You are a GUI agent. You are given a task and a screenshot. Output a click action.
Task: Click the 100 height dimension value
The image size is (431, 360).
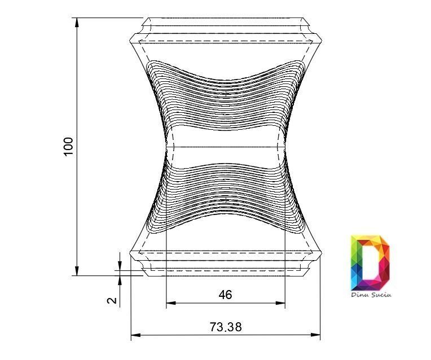pyautogui.click(x=69, y=146)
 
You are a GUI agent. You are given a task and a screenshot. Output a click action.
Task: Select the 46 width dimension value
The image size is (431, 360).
pyautogui.click(x=226, y=295)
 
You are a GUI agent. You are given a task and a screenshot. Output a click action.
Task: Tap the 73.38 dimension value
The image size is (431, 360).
pyautogui.click(x=226, y=327)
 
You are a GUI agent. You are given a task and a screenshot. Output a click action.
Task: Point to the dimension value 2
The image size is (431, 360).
pyautogui.click(x=113, y=300)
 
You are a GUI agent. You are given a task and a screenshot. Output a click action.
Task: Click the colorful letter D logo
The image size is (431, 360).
pyautogui.click(x=370, y=262)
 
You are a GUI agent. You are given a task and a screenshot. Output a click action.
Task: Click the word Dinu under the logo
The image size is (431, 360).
pyautogui.click(x=360, y=295)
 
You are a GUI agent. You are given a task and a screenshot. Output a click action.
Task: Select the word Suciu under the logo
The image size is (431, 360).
pyautogui.click(x=381, y=295)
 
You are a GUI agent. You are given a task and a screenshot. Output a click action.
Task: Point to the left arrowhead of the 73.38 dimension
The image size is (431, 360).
pyautogui.click(x=134, y=336)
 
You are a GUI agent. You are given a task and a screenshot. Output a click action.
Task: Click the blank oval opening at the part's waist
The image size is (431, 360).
pyautogui.click(x=226, y=147)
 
